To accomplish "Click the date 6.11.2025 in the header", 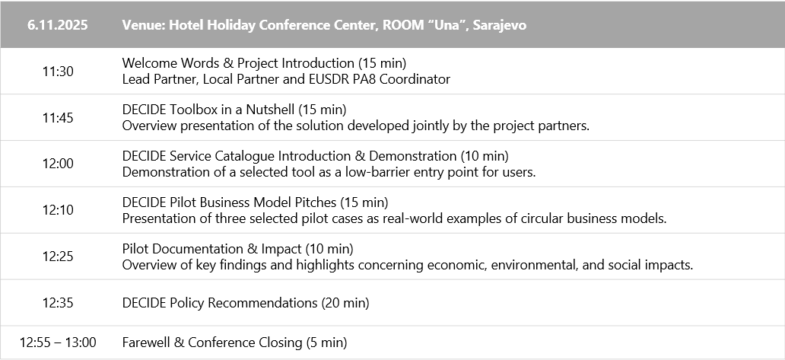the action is [58, 25].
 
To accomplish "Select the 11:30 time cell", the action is [58, 72].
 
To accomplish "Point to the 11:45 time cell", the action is [58, 118].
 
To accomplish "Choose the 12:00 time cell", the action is [58, 164].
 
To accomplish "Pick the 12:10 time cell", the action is [58, 210].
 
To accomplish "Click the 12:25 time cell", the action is [58, 256].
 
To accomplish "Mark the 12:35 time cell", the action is [58, 303].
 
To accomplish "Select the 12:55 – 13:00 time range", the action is [58, 343].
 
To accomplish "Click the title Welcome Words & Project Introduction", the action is [238, 63].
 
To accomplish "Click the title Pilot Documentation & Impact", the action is [211, 249].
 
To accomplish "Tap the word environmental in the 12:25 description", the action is [534, 265].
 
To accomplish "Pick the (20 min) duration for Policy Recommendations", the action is [345, 303].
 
